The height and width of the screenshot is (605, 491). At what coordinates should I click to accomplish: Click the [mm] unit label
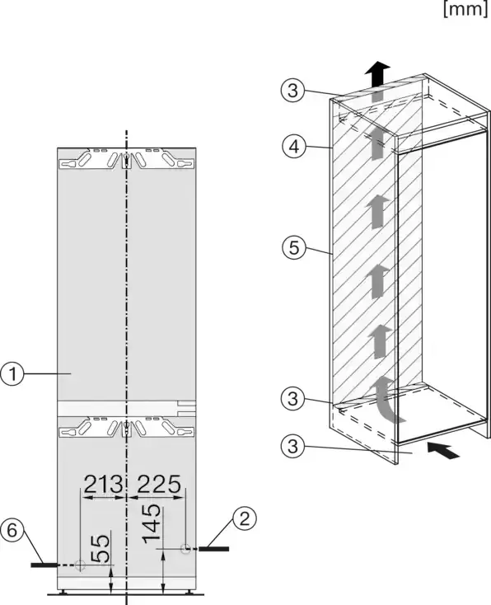[x=466, y=9]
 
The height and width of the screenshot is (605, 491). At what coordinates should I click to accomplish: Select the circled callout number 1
[x=12, y=374]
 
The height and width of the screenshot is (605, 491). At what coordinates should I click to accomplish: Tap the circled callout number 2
[x=245, y=519]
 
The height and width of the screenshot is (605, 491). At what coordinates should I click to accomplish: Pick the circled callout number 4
[x=293, y=147]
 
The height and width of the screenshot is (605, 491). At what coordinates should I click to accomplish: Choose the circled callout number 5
[x=293, y=247]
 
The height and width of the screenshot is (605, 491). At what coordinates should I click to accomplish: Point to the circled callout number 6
[x=12, y=530]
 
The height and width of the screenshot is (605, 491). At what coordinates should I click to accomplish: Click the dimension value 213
[x=103, y=485]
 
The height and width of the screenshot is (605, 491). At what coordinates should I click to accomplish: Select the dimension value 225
[x=159, y=485]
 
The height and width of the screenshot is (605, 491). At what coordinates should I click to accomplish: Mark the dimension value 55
[x=100, y=548]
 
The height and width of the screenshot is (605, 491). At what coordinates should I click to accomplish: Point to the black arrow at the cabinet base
[x=443, y=450]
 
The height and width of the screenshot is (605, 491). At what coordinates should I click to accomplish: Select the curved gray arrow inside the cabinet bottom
[x=386, y=400]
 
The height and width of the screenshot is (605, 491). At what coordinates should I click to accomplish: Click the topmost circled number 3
[x=292, y=91]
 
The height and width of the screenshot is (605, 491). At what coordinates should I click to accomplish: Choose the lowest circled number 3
[x=292, y=446]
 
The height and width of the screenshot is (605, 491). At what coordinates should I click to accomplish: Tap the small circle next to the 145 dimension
[x=185, y=548]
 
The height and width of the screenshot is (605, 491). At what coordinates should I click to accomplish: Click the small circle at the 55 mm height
[x=80, y=565]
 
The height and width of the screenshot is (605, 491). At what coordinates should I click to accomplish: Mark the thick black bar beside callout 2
[x=213, y=549]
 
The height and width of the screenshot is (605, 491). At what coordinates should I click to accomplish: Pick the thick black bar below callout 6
[x=44, y=565]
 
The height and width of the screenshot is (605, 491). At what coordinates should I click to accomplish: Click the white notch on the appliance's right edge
[x=187, y=409]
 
